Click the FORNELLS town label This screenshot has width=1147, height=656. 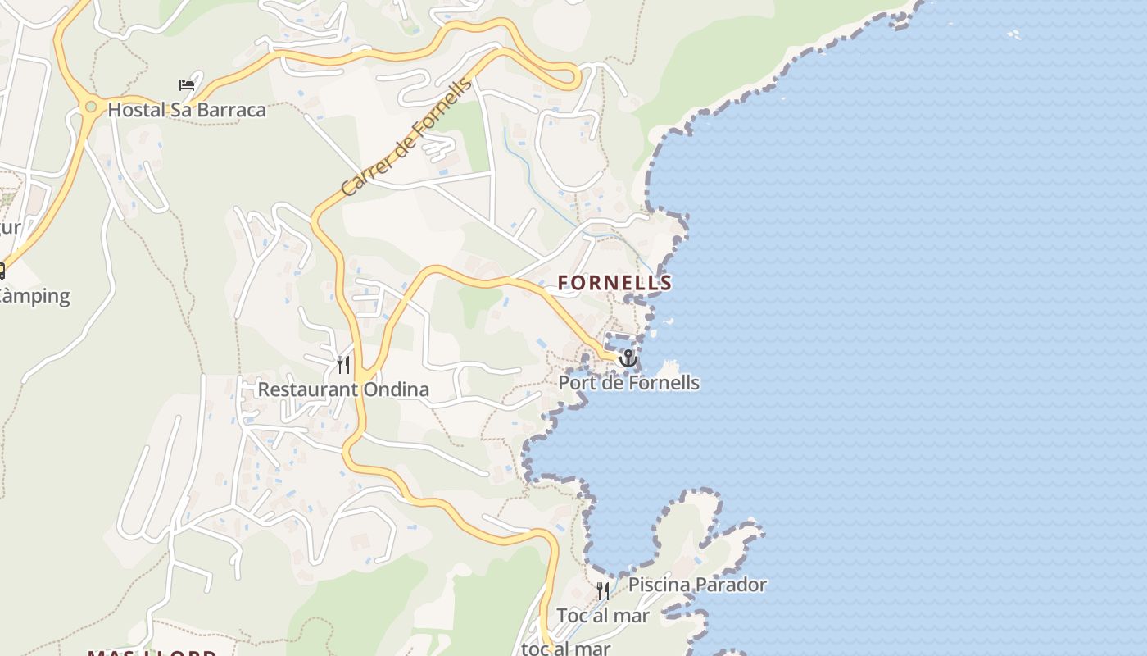coord(614,283)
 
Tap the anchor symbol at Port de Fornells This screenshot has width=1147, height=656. coord(628,358)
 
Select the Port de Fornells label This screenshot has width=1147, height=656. coord(628,383)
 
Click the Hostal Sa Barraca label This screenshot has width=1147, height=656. coord(187,110)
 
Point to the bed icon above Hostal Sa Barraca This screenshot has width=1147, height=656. coord(187,84)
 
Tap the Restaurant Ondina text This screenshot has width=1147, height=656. coord(343,389)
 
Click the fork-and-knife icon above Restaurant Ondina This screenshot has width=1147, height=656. coord(343,364)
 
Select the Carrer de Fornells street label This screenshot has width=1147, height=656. coord(406,137)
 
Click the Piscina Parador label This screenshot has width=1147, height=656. coord(697,585)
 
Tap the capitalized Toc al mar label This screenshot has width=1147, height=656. coord(602,616)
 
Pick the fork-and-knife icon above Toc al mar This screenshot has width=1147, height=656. coord(602,590)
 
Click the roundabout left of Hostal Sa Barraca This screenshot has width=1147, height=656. coord(90,107)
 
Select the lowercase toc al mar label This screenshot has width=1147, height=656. coord(567,649)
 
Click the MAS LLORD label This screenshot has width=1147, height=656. coord(152,653)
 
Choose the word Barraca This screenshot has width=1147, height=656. coord(233,110)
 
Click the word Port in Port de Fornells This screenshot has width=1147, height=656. coord(576,383)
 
